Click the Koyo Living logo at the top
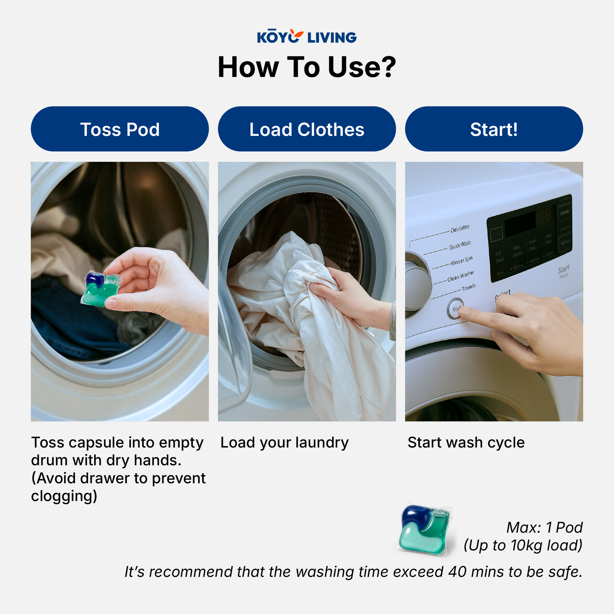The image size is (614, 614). coord(307,37)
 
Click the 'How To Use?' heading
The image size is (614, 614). coord(307,67)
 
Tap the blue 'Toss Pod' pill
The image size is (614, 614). coord(120,129)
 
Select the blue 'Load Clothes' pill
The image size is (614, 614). coord(307,129)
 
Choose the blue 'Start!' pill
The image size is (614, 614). coord(493,129)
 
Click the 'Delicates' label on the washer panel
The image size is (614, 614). coord(460,228)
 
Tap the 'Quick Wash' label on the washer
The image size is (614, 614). coord(460,245)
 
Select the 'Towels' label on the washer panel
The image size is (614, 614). coord(469,287)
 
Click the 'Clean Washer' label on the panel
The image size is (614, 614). coord(461,276)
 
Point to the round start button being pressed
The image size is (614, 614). coord(455,308)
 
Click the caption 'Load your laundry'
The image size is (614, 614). coord(284,442)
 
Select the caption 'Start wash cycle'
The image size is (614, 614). coord(466,442)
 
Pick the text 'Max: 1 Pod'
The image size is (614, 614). coord(544,528)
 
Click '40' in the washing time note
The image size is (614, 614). coord(457,572)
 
